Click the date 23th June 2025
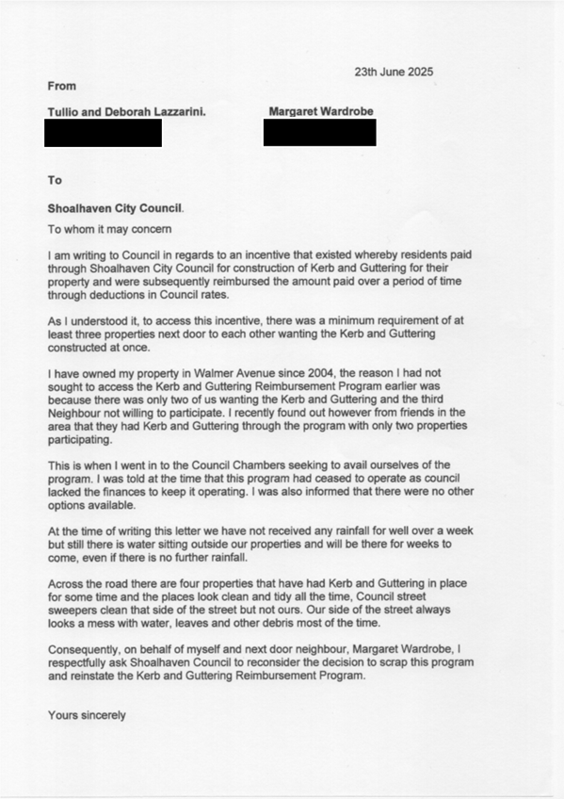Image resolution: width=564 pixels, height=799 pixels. pos(394,73)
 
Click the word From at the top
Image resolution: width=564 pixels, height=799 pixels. pos(62,87)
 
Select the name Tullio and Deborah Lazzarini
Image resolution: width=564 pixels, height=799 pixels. pos(127,113)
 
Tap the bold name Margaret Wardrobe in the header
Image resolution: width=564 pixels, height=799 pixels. pos(320,112)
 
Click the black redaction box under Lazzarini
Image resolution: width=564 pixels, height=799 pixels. pos(103,133)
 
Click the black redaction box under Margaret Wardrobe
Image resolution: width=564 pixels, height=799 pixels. pos(319,133)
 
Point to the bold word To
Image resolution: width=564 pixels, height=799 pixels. pos(55,180)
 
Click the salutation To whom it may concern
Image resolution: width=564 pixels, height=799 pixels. pos(110,229)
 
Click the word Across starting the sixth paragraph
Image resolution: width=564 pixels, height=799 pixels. pos(67,588)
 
